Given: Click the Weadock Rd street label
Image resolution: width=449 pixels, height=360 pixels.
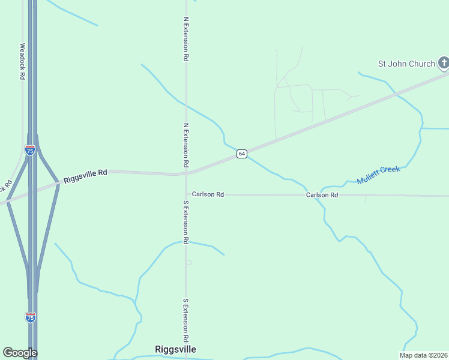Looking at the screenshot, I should tap(23, 61).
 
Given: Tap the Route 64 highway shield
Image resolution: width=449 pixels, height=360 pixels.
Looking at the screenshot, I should tap(241, 154).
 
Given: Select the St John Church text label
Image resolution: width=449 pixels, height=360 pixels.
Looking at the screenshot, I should tap(406, 64).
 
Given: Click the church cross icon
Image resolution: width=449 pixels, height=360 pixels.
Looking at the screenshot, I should tap(443, 63).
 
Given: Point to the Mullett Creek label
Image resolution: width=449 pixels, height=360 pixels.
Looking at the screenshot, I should tap(378, 175).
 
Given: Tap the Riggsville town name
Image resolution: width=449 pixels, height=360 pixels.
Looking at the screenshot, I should tap(175, 349).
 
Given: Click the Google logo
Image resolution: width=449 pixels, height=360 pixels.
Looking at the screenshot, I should tap(20, 353).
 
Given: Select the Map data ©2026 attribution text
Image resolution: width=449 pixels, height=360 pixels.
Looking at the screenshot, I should tap(423, 355).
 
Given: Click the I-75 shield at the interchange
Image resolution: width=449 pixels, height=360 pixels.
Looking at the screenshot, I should tap(30, 150).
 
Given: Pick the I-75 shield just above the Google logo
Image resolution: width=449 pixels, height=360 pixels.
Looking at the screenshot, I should tap(30, 317).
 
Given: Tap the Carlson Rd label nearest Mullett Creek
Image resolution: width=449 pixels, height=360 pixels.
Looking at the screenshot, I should tap(322, 195).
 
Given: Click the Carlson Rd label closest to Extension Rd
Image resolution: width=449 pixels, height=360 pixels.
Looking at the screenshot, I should tap(208, 194).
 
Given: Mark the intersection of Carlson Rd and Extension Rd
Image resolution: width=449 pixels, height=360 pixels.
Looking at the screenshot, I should tap(186, 194).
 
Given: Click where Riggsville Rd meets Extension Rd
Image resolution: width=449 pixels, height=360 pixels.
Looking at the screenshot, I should tap(186, 174).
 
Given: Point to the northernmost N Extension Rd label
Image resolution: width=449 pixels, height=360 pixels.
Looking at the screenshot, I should tap(186, 39).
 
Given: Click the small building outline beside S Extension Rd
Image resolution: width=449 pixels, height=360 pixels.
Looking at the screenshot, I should tap(188, 262).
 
